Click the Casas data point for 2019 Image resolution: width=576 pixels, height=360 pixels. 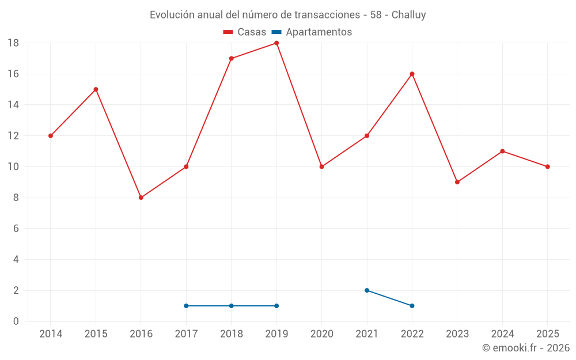[x=276, y=43]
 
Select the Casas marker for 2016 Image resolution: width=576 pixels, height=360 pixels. [x=141, y=198]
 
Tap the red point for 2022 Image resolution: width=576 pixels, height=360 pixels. [x=412, y=74]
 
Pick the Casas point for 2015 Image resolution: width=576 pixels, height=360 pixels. [x=96, y=89]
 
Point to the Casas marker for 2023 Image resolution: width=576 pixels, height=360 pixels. [x=457, y=182]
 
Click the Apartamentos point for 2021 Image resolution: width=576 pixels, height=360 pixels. [x=367, y=290]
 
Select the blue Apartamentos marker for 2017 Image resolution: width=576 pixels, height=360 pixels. [x=186, y=306]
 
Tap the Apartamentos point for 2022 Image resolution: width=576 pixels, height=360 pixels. [x=412, y=306]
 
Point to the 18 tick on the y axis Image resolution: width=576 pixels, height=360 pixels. [x=13, y=43]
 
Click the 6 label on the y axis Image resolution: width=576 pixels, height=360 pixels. [x=16, y=229]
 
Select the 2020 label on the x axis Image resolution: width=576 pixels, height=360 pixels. [x=322, y=334]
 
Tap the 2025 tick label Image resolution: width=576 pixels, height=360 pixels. [x=548, y=334]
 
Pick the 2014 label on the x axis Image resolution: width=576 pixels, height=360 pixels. [x=51, y=334]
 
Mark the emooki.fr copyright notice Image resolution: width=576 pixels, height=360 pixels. [x=525, y=348]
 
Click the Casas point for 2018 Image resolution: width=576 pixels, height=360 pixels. [x=231, y=58]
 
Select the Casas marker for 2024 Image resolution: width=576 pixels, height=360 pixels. [x=502, y=151]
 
